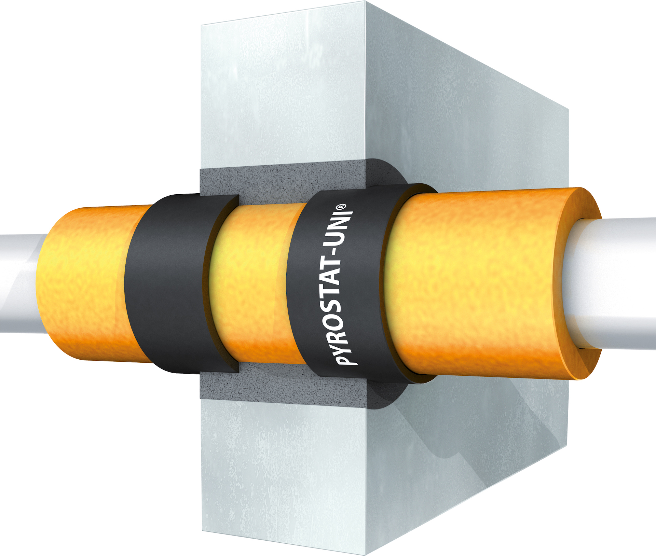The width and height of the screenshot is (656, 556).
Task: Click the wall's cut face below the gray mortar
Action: pos(280,478)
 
